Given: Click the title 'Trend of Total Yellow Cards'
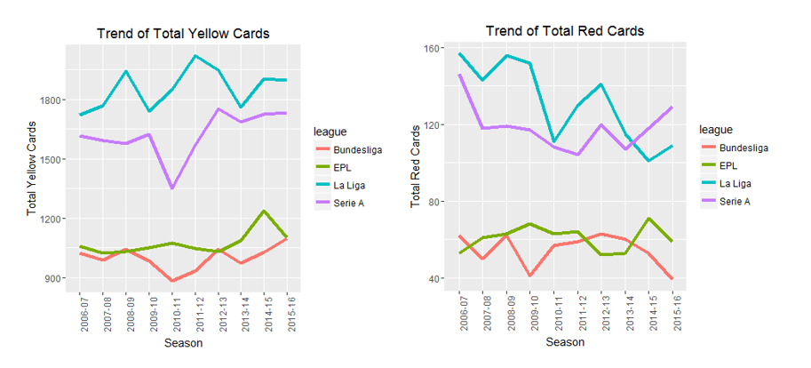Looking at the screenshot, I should pos(182,34).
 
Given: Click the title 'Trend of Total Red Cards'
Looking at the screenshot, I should pos(565,31).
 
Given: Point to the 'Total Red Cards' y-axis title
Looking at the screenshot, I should pos(415,165).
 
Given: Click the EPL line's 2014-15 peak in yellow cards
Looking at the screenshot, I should pos(264,212).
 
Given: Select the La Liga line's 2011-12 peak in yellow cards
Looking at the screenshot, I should pos(195,56).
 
